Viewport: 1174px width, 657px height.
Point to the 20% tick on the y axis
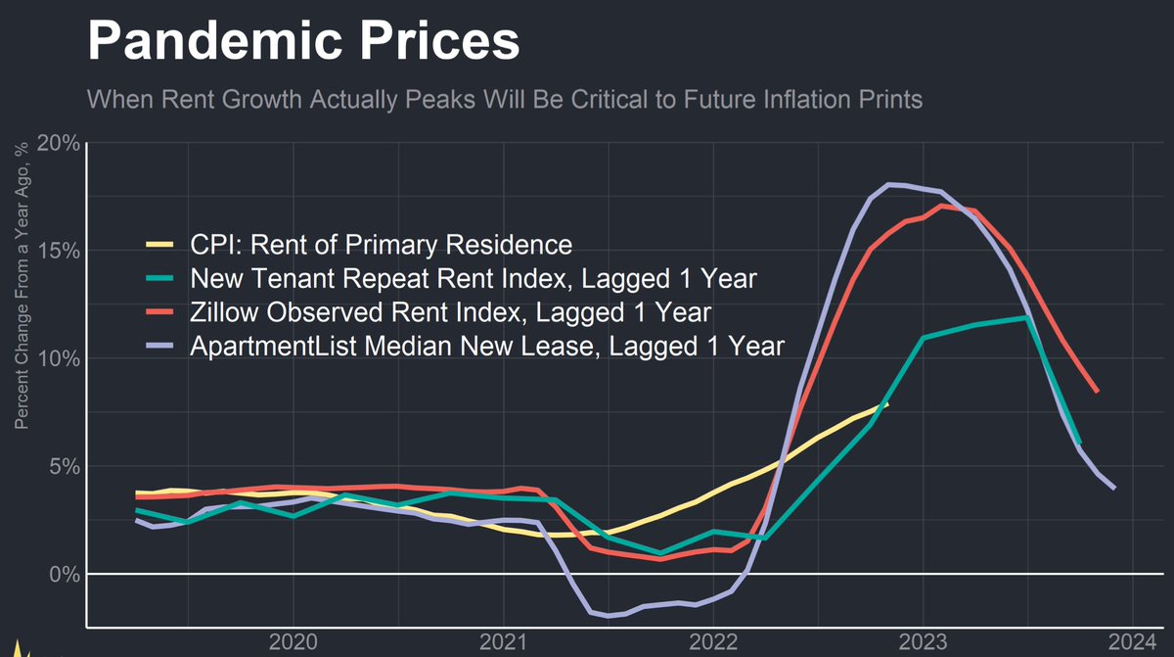coord(58,143)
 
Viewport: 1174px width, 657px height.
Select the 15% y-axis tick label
coord(58,251)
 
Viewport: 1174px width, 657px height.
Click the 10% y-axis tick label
coord(58,358)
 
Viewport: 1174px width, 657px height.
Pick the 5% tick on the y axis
coord(64,466)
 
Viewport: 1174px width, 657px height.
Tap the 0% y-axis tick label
coord(64,574)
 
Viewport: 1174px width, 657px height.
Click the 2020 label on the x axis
coord(293,642)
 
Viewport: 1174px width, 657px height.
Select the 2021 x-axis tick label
coord(503,642)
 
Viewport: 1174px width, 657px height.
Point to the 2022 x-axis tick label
coord(712,642)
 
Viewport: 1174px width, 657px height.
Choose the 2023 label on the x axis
coord(923,642)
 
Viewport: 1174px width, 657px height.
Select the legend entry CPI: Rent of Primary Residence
coord(381,244)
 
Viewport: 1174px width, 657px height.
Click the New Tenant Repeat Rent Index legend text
coord(474,278)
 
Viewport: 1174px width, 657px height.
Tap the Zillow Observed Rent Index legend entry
coord(450,312)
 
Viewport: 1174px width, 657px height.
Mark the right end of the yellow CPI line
coord(886,403)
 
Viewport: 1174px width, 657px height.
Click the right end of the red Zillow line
coord(1098,392)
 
